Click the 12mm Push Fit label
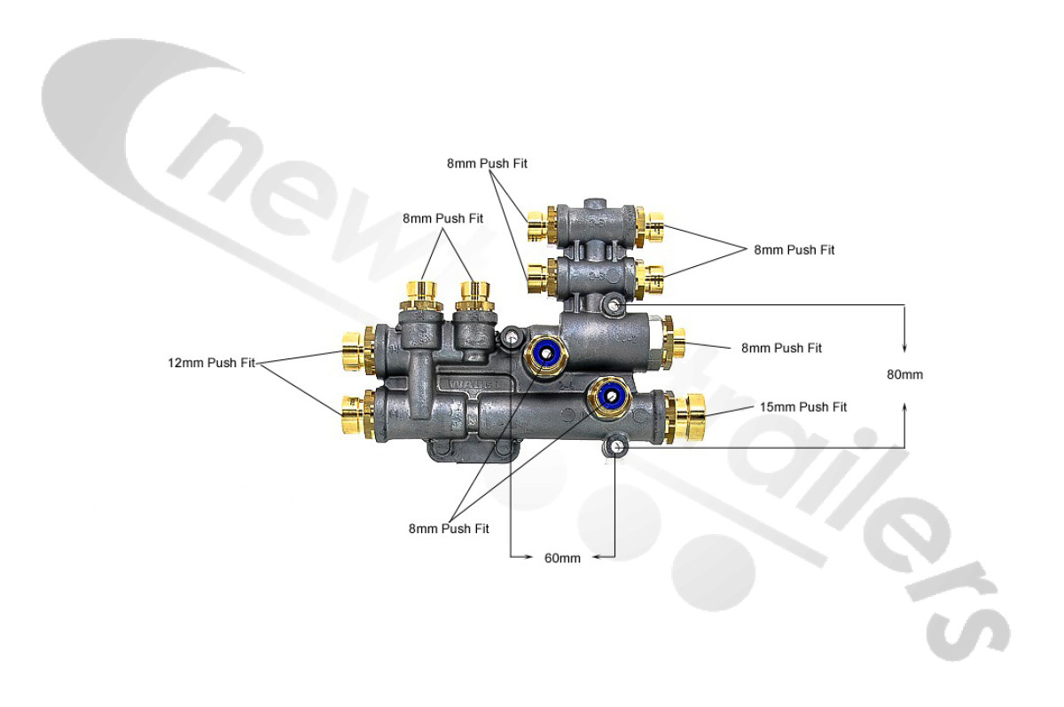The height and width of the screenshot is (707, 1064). (211, 363)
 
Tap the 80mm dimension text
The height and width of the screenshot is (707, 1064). (904, 374)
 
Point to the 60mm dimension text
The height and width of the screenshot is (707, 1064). (563, 558)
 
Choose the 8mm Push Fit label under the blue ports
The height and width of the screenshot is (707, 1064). (449, 528)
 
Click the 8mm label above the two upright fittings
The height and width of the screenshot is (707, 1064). (442, 217)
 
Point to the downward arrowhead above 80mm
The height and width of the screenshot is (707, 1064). (904, 348)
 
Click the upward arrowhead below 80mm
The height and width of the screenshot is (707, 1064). (904, 406)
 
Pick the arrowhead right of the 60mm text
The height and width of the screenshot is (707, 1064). (598, 557)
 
